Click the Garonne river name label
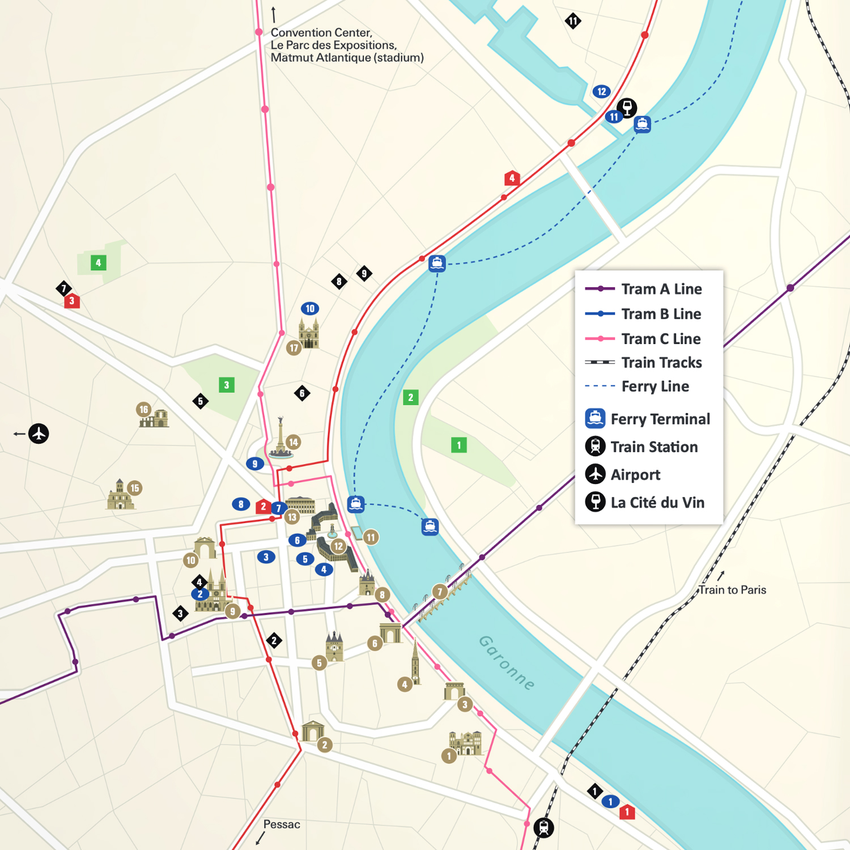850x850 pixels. click(x=507, y=662)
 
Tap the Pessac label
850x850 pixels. click(x=282, y=824)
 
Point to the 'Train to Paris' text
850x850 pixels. click(x=732, y=590)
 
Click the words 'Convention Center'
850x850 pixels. click(x=321, y=33)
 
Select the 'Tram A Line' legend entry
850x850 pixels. click(x=661, y=289)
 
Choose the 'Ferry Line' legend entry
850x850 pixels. click(x=655, y=386)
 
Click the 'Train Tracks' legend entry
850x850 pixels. click(x=661, y=363)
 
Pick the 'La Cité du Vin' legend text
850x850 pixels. click(x=657, y=503)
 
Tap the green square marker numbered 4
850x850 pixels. click(x=99, y=263)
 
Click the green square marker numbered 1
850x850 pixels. click(x=459, y=445)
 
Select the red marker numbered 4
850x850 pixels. click(x=512, y=178)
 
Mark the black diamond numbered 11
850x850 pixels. click(x=573, y=22)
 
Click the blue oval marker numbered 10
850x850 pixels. click(x=310, y=309)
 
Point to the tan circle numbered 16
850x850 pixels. click(x=144, y=409)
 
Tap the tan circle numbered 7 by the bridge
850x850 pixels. click(x=440, y=592)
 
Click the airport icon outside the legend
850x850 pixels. click(x=39, y=433)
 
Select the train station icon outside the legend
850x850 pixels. click(x=544, y=828)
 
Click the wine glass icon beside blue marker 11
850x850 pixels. click(x=627, y=107)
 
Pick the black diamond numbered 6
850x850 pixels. click(x=302, y=393)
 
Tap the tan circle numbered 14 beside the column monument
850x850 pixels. click(x=293, y=442)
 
